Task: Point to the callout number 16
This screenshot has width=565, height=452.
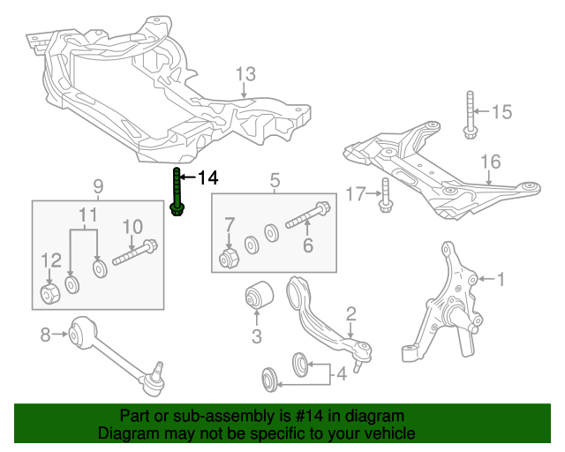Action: (x=490, y=161)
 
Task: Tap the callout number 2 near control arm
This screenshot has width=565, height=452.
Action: (x=350, y=313)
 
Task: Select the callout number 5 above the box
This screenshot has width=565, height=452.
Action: (x=275, y=181)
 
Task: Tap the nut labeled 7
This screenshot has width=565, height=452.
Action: (x=230, y=259)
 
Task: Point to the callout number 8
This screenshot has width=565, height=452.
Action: (x=45, y=334)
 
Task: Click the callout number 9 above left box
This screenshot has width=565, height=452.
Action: (x=98, y=186)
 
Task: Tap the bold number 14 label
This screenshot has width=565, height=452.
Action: (x=207, y=178)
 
